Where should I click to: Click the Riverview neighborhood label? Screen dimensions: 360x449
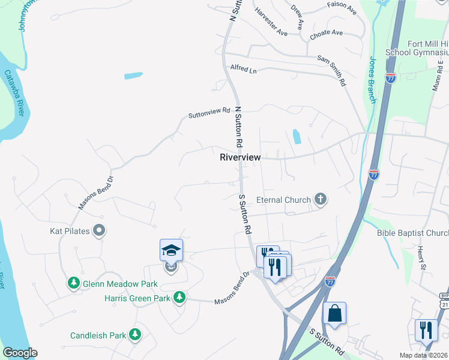240,157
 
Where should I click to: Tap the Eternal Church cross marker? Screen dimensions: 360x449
321,200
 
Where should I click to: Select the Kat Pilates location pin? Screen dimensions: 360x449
100,230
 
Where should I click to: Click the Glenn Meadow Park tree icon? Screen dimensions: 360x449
74,282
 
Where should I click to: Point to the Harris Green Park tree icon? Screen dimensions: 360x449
178,297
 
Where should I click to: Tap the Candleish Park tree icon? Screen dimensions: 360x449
136,334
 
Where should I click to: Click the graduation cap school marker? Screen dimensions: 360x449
171,250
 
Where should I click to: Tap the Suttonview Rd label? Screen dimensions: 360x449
209,112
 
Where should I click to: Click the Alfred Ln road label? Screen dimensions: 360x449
243,70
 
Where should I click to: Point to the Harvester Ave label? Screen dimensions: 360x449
271,21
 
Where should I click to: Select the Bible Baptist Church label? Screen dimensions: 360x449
413,233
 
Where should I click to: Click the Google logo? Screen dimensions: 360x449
20,353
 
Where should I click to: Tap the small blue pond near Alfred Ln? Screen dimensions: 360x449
133,76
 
